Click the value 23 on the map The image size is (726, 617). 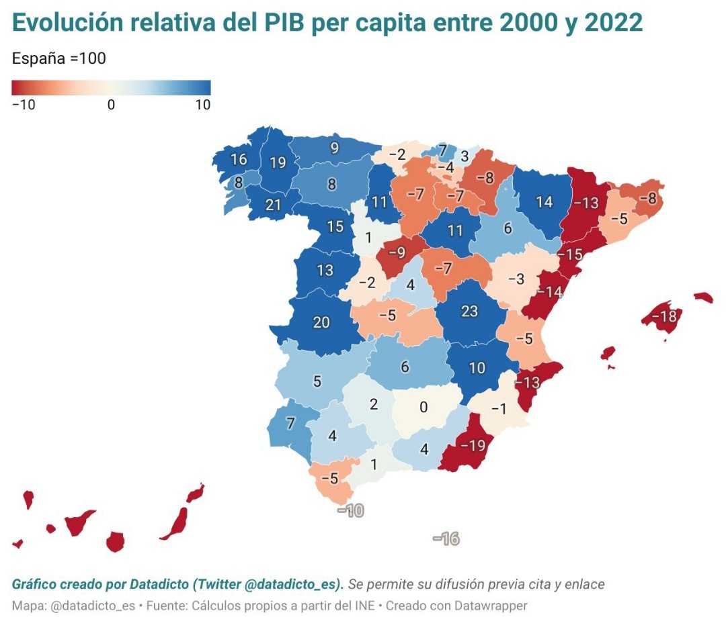pos(470,312)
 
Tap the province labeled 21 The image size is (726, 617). pos(273,205)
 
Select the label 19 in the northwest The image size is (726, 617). pos(277,162)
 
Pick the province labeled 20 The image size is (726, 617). pos(321,322)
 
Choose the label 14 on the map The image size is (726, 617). pos(544,201)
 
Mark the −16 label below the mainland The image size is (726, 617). pos(446,538)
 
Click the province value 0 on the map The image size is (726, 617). pos(423,408)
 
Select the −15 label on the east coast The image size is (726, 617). pos(571,254)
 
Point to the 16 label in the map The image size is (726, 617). pos(239,160)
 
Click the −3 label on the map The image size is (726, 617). pos(516,278)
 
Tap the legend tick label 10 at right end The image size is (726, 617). pos(202,105)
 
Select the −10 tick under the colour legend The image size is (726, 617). pos(24,105)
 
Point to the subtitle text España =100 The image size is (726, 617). pos(59,58)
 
